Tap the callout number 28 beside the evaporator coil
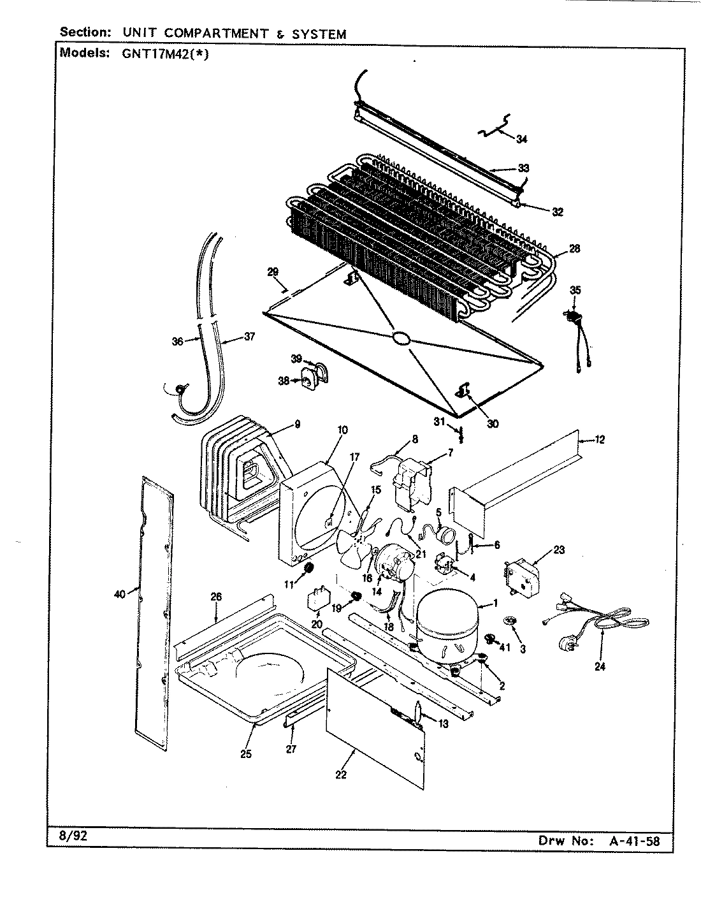click(574, 249)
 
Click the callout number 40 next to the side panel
click(119, 594)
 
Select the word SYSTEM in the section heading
click(319, 34)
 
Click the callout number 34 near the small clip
click(522, 138)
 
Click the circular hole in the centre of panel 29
click(401, 338)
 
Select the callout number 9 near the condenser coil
click(297, 425)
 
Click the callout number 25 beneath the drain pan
click(246, 754)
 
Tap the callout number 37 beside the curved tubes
click(249, 337)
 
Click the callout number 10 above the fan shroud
click(342, 430)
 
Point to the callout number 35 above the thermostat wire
click(575, 290)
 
